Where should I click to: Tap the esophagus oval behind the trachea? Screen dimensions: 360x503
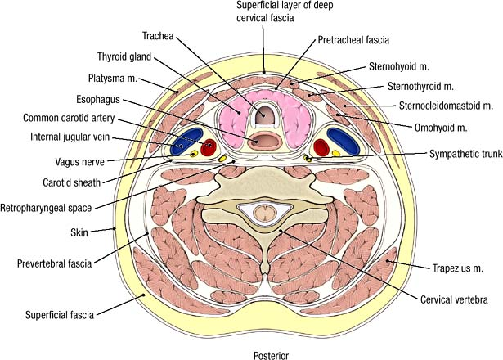point(265,141)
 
